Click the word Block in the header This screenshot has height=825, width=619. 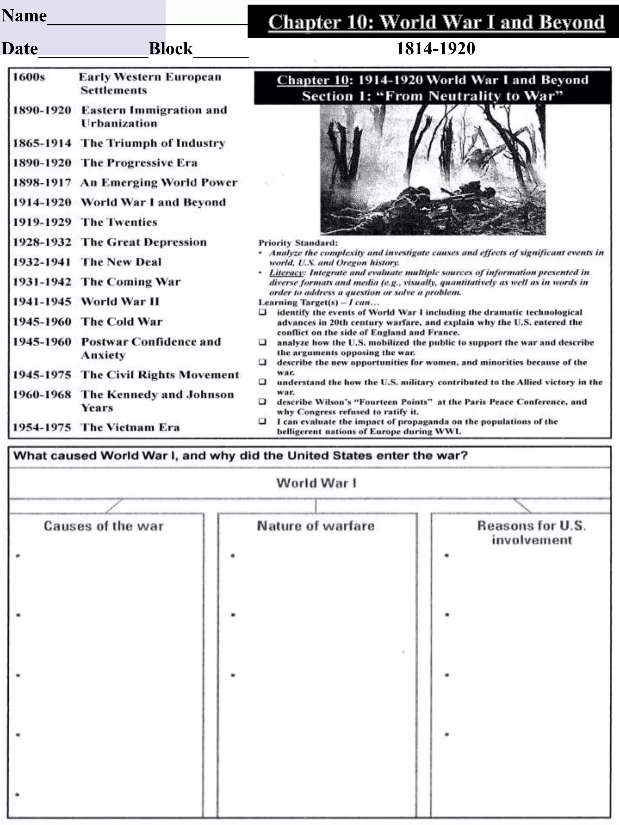click(x=170, y=49)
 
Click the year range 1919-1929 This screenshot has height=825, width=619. click(x=42, y=222)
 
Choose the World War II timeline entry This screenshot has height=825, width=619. click(x=120, y=301)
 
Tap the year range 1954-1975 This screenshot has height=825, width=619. click(x=42, y=427)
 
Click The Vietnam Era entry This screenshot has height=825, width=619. click(x=130, y=427)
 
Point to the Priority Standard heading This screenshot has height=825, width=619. click(x=298, y=243)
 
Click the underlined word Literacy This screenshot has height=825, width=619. click(x=286, y=273)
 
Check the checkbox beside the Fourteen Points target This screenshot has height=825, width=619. click(x=263, y=402)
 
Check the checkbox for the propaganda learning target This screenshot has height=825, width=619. click(x=263, y=421)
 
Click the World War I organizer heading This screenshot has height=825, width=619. click(x=316, y=483)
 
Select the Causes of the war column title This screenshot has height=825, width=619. click(x=103, y=526)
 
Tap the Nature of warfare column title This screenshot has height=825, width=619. click(x=316, y=526)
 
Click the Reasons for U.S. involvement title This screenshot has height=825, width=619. click(x=531, y=533)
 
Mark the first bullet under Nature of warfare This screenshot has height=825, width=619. click(x=233, y=556)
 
